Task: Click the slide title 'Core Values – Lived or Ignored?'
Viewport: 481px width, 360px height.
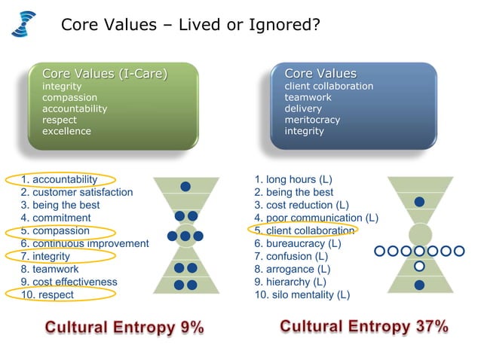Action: (x=191, y=25)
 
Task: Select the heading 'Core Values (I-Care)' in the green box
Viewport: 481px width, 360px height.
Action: (x=105, y=74)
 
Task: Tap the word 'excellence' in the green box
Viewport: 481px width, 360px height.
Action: (x=66, y=131)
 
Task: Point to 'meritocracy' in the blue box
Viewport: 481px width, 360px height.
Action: (x=312, y=120)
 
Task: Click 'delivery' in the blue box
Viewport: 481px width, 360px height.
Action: (x=303, y=108)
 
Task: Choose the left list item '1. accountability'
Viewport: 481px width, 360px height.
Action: (x=60, y=179)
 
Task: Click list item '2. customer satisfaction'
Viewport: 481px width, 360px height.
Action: (x=77, y=192)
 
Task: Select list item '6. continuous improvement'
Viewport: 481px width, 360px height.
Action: (x=84, y=243)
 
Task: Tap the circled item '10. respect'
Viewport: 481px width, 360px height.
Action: (x=47, y=294)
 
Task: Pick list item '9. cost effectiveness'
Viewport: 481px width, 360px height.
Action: (x=69, y=282)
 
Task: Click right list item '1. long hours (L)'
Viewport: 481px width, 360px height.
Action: (x=293, y=179)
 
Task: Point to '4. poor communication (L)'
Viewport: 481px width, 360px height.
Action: (x=317, y=218)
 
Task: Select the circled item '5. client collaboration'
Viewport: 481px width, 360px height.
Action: (x=305, y=230)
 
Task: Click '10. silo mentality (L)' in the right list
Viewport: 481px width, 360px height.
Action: (x=302, y=294)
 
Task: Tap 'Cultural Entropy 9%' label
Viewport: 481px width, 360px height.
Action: (x=125, y=328)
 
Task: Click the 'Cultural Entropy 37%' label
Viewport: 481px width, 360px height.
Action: (x=364, y=327)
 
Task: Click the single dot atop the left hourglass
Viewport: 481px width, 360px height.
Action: (x=185, y=186)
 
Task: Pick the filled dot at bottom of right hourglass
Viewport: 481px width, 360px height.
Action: (x=419, y=285)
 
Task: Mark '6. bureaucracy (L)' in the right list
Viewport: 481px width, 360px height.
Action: (x=298, y=243)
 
